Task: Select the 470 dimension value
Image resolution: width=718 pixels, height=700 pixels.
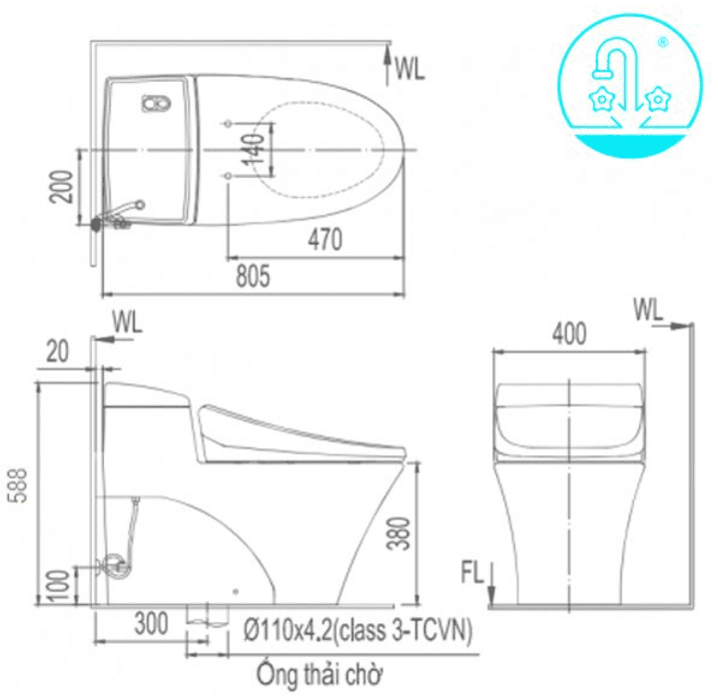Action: pyautogui.click(x=325, y=240)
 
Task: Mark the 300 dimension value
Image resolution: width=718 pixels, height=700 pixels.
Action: pyautogui.click(x=151, y=626)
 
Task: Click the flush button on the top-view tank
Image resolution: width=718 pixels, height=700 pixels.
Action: pyautogui.click(x=155, y=103)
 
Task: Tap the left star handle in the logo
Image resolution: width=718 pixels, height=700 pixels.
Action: pyautogui.click(x=601, y=98)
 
